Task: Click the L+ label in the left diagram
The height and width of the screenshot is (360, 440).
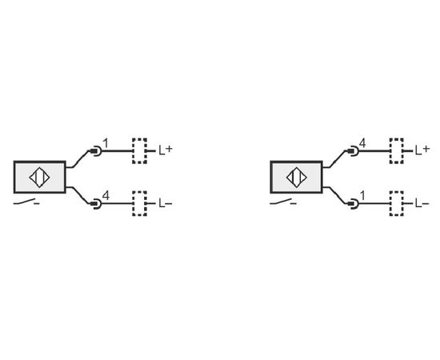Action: click(166, 150)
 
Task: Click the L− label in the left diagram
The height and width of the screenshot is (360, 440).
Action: click(166, 203)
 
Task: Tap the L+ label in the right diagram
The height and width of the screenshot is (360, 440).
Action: click(422, 150)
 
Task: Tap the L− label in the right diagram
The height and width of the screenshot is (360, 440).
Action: click(422, 203)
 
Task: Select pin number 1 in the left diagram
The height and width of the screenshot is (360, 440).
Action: click(106, 143)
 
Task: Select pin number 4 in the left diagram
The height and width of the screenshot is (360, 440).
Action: click(106, 195)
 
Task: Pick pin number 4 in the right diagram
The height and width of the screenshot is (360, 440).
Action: click(362, 143)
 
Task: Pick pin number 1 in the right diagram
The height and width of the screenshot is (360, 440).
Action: click(362, 195)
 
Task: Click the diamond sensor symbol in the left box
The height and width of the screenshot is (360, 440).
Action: click(39, 178)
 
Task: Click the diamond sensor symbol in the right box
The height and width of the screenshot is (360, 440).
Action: click(297, 178)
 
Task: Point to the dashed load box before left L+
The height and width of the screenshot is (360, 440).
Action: click(140, 150)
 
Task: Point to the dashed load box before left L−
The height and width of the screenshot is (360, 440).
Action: click(140, 204)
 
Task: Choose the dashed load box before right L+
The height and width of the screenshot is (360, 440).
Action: click(397, 150)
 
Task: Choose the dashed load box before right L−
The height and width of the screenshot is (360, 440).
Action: click(397, 204)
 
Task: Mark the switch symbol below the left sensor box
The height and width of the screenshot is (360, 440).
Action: click(26, 202)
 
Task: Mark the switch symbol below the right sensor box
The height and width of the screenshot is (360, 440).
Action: click(283, 202)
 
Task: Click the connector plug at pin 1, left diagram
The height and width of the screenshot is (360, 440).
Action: click(96, 151)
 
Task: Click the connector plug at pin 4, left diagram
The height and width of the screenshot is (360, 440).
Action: click(96, 204)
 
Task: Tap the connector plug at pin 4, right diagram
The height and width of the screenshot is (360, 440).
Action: click(353, 151)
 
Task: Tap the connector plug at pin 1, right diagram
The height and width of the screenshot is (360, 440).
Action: click(353, 204)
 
